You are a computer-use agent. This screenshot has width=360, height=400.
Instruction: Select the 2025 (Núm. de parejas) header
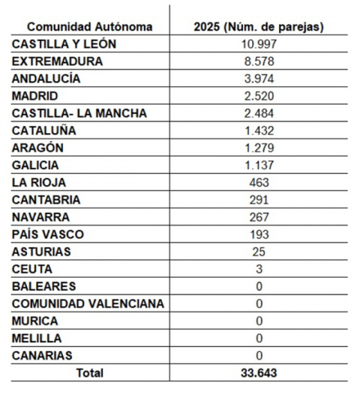259,27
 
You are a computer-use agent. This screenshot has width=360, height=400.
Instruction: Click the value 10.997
259,44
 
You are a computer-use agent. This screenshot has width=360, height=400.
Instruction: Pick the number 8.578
259,61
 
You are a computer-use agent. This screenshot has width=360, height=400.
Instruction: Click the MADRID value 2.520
259,96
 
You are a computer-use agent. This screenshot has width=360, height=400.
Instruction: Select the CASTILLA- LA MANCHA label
79,113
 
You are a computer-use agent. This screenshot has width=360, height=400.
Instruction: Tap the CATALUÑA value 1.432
259,130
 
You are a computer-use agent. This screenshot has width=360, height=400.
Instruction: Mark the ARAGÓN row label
37,148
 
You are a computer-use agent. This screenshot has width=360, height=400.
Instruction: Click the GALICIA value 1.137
259,165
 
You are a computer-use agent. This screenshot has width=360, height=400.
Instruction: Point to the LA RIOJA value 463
259,182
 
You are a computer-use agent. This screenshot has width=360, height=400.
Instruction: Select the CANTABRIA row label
46,200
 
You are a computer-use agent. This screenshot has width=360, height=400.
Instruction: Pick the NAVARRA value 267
259,217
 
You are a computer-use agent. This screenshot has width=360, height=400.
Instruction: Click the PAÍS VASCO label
48,234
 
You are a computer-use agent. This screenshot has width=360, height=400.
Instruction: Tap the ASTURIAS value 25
259,252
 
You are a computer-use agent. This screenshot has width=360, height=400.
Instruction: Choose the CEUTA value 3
259,269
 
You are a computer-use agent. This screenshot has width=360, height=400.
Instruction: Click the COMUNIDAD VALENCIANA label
88,303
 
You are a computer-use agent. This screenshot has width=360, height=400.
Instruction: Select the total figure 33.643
259,372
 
